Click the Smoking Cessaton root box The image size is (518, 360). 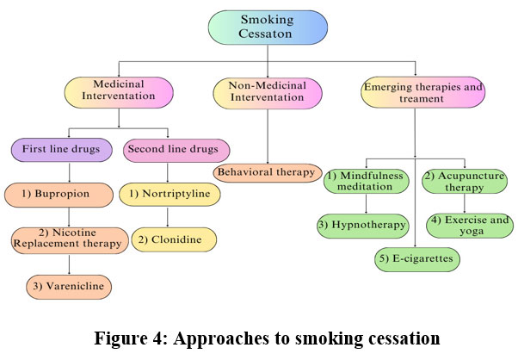(267, 28)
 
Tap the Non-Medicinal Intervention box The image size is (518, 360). (267, 92)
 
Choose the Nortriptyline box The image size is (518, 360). (170, 194)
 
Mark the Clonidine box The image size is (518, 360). (174, 239)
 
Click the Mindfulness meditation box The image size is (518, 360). (366, 182)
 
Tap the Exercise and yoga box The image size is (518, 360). (466, 226)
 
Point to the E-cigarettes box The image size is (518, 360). (416, 258)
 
